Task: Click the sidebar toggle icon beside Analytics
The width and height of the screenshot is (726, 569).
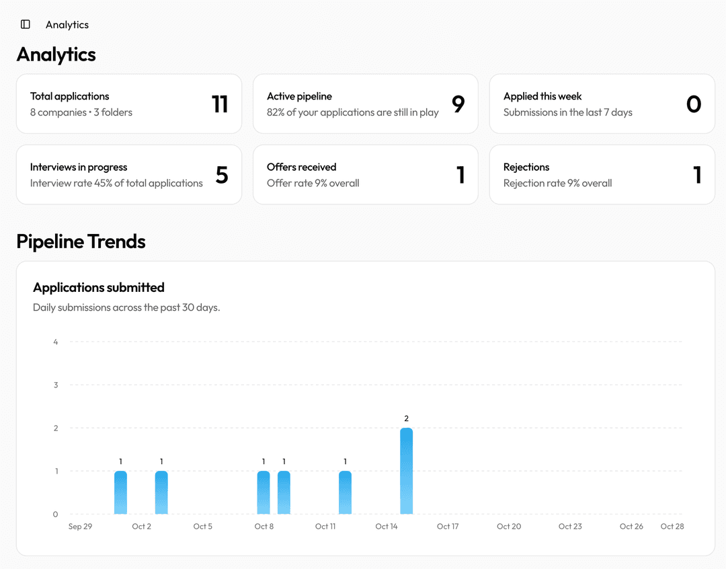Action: pos(26,24)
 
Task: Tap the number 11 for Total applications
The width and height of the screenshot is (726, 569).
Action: pos(220,104)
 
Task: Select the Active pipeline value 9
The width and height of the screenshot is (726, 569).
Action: pos(458,104)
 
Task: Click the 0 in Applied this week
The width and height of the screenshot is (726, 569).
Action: pos(694,104)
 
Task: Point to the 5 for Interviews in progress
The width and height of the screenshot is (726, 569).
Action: pos(222,175)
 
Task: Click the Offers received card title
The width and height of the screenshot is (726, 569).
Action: pos(301,167)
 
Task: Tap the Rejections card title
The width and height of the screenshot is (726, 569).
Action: pos(526,167)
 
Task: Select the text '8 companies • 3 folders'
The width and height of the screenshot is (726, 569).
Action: pos(81,112)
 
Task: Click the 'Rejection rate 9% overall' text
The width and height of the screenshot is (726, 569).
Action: pos(557,183)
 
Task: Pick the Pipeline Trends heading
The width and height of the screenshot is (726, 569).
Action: pos(81,241)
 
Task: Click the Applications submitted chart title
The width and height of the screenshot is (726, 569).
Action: pos(99,287)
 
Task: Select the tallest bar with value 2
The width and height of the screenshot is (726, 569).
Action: pos(406,471)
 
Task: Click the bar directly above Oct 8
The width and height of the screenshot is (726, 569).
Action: pos(264,492)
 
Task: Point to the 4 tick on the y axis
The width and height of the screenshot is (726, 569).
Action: pos(56,342)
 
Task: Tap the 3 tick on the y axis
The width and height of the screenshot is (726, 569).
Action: pos(56,385)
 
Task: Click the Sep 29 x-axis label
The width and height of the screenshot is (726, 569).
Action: pos(80,526)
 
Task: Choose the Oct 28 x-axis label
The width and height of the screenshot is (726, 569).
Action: pos(672,526)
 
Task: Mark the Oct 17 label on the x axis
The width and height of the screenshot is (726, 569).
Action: pos(448,526)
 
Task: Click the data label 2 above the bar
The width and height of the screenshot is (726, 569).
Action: pos(406,418)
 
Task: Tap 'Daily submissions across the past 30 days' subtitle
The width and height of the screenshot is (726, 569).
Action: pos(126,307)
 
